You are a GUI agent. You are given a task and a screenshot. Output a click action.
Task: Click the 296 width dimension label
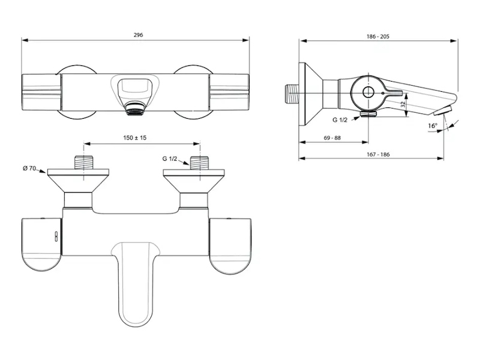tap(139, 35)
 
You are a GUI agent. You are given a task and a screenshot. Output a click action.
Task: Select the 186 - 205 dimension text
tap(378, 37)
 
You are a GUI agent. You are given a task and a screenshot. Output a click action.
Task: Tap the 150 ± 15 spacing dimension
tap(134, 138)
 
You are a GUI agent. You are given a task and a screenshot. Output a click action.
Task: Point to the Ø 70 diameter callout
tap(29, 168)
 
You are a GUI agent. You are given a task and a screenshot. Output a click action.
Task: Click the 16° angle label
tap(433, 126)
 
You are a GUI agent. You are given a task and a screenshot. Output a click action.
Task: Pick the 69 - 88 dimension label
tap(332, 138)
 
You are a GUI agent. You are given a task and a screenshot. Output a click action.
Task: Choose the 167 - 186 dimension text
tap(378, 155)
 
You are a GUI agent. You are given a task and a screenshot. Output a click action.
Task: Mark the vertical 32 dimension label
tap(403, 104)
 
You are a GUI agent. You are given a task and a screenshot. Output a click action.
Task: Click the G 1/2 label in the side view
tap(340, 120)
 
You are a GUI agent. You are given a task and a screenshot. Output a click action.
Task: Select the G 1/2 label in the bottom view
tap(170, 158)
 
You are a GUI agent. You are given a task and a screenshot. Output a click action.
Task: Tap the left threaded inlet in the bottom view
tap(83, 163)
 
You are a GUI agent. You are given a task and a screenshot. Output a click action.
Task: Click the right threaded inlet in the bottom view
tap(200, 163)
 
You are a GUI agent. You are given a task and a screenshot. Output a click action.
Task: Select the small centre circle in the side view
tap(368, 92)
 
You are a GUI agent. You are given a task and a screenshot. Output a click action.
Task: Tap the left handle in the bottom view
tap(41, 244)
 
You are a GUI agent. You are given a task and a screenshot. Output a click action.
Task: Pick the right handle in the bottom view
tap(230, 246)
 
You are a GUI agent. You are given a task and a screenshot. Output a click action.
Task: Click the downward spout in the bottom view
tap(136, 283)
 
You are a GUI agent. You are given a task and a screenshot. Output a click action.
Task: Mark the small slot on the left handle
tap(56, 236)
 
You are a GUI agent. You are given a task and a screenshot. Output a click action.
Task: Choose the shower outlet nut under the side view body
tap(368, 114)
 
